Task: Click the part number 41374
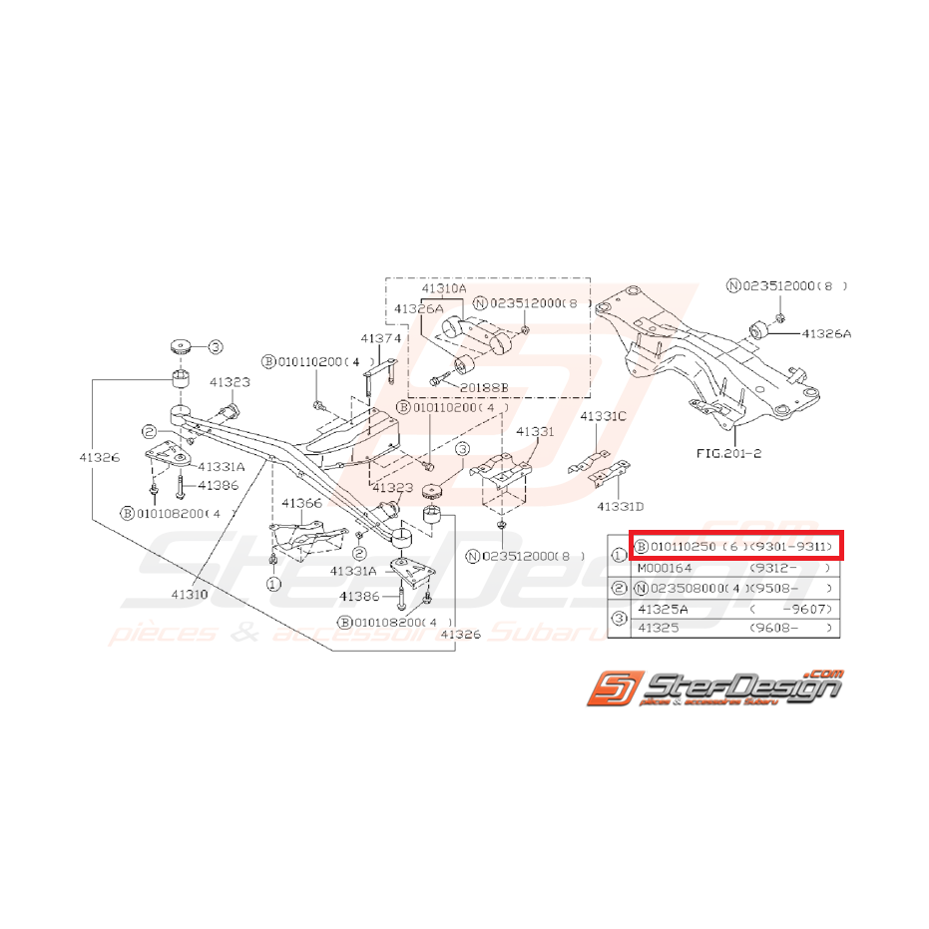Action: pyautogui.click(x=380, y=338)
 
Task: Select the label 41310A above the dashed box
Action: pyautogui.click(x=443, y=289)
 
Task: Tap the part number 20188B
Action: pyautogui.click(x=486, y=384)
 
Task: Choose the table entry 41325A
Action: pyautogui.click(x=665, y=609)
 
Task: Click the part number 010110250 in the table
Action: pyautogui.click(x=684, y=547)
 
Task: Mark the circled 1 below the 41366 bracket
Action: pyautogui.click(x=272, y=582)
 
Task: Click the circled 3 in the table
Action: pyautogui.click(x=619, y=619)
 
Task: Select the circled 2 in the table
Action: pyautogui.click(x=619, y=588)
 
